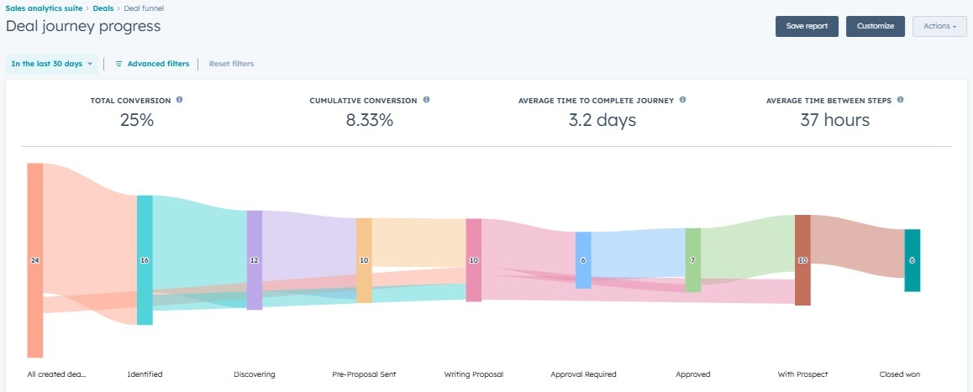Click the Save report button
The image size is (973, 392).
(807, 26)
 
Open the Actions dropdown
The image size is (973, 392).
(939, 26)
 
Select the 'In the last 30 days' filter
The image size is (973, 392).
(51, 64)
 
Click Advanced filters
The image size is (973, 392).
(152, 64)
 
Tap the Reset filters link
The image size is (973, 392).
(231, 64)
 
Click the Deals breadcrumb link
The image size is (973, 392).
(103, 8)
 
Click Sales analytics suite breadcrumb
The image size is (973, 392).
(44, 8)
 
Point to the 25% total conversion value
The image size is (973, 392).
(136, 120)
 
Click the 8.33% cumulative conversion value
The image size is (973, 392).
(370, 120)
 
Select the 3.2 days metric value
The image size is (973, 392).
(602, 120)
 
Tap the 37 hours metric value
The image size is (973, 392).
(834, 120)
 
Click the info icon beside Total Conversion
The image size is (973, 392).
(179, 100)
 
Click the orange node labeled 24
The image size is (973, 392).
(34, 260)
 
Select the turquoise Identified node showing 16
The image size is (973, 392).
(145, 260)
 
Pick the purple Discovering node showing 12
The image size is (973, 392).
(255, 260)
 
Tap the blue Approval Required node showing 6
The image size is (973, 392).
(583, 260)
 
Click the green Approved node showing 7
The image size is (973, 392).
(692, 260)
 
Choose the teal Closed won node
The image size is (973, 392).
(912, 260)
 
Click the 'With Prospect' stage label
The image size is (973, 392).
(802, 374)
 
